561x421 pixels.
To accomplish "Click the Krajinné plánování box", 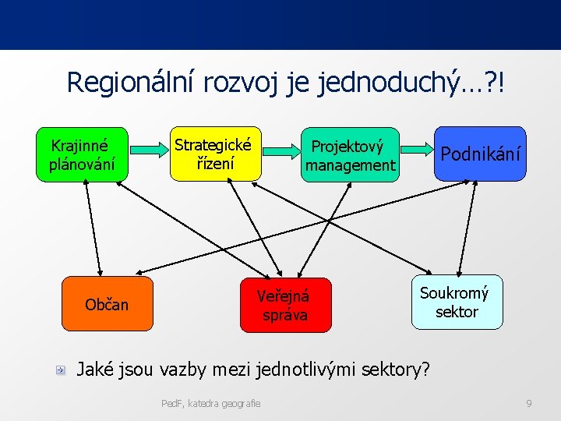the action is [x=81, y=154].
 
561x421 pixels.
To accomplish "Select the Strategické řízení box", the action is [x=213, y=154].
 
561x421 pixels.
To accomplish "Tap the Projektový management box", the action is [x=351, y=155].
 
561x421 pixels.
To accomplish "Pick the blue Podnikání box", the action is [x=480, y=154].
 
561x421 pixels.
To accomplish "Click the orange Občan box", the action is [x=108, y=303].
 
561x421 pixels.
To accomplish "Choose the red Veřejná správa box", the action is [x=284, y=305].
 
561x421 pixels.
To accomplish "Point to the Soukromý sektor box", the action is [x=457, y=302].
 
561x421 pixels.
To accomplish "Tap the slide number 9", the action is [x=529, y=403].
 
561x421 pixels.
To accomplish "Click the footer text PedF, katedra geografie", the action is [x=210, y=403].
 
